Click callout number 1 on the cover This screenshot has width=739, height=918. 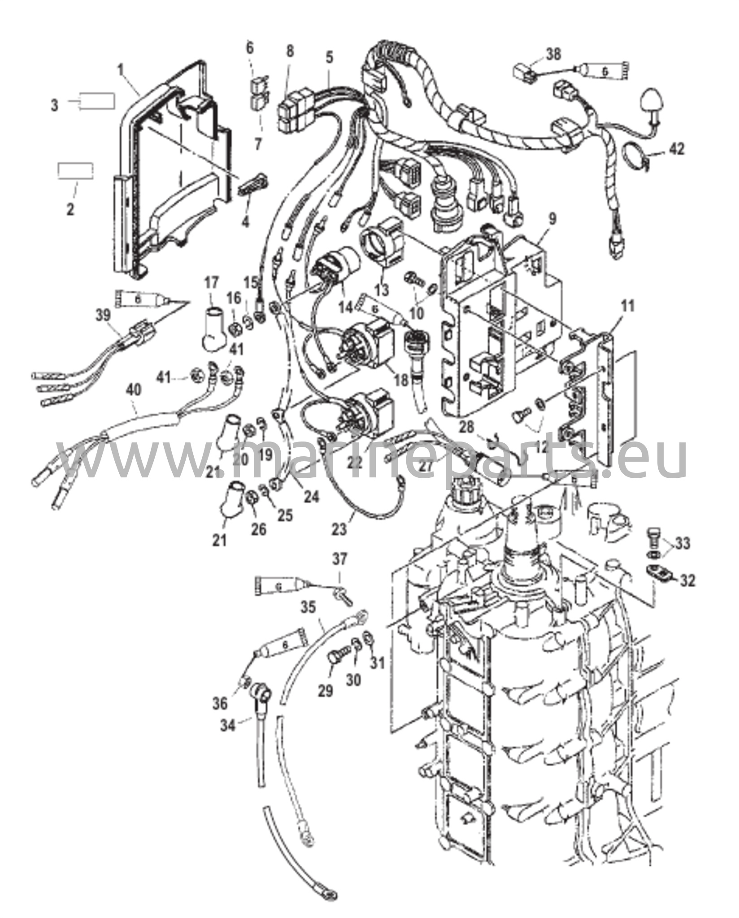tap(120, 70)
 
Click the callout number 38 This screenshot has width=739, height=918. tap(554, 55)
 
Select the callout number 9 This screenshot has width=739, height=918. tap(552, 219)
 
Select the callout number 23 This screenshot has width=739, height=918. tap(340, 529)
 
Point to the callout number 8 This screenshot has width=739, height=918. tap(290, 51)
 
